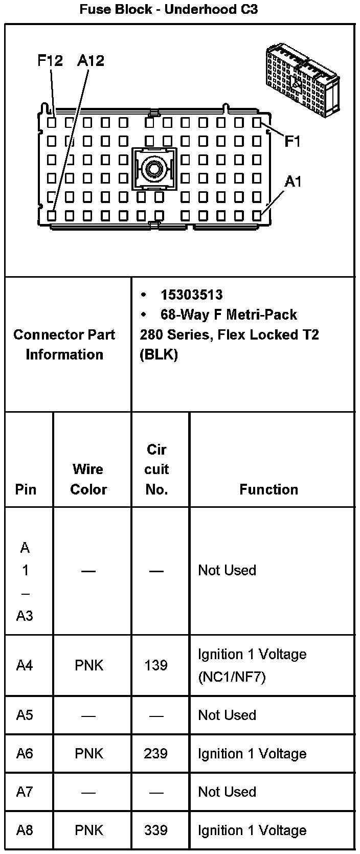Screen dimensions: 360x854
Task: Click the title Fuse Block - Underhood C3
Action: [168, 9]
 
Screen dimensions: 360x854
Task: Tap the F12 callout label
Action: [50, 61]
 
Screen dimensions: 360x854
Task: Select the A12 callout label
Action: [91, 61]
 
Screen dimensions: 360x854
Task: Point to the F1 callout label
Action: [292, 142]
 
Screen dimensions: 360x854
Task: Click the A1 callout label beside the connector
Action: [293, 182]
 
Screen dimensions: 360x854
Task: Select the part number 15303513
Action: [191, 295]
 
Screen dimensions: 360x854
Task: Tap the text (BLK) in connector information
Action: [159, 355]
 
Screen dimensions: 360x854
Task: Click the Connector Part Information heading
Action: [64, 344]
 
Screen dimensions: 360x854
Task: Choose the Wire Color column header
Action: [88, 479]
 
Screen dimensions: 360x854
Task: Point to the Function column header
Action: [268, 489]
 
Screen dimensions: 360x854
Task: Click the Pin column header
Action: [26, 489]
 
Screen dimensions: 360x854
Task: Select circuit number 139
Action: [156, 665]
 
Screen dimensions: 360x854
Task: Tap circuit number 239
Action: [156, 754]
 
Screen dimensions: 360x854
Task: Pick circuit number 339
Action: [156, 830]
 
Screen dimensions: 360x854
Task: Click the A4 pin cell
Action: [25, 665]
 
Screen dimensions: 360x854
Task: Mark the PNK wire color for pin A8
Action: [89, 830]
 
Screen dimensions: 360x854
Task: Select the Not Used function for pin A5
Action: [227, 715]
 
